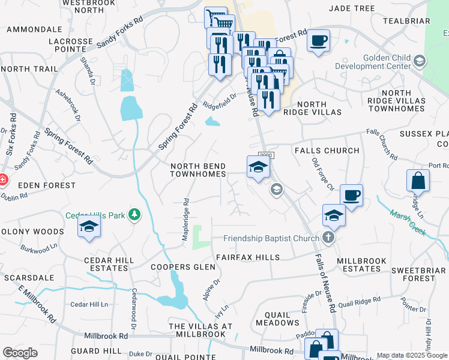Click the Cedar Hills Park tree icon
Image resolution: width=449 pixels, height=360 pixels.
coord(136,215)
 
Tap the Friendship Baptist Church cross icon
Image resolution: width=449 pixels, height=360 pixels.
coord(328,238)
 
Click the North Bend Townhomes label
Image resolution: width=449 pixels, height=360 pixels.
coord(198,170)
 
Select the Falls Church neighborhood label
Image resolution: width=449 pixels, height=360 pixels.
coord(327,151)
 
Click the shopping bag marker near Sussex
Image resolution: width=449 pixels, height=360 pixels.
coord(418,181)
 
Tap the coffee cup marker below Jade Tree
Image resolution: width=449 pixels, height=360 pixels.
coord(318,41)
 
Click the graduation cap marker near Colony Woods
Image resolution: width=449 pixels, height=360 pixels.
coord(89,227)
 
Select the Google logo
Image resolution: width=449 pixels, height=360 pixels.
coord(20,353)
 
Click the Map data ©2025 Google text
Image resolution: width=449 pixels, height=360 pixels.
coord(412,355)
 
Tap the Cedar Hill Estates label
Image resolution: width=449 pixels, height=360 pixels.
coord(109,264)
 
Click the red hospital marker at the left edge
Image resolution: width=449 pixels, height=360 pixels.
coord(2,179)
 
